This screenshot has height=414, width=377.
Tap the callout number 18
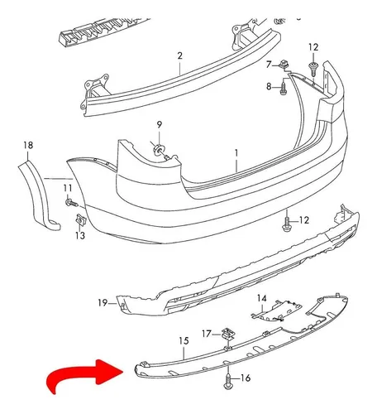click(x=28, y=145)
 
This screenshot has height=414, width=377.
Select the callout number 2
click(x=180, y=55)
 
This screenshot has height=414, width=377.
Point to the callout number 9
click(x=160, y=125)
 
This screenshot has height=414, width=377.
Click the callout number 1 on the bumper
click(x=236, y=152)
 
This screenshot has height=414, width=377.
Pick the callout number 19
click(x=103, y=303)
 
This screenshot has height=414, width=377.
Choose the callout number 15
click(x=184, y=341)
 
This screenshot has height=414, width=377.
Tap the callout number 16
click(x=246, y=378)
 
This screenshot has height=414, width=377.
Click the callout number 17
click(x=207, y=334)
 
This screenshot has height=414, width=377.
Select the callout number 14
click(x=262, y=298)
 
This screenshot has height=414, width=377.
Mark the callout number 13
click(x=80, y=235)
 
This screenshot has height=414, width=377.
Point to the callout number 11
click(x=68, y=188)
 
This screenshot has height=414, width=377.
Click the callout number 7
click(x=269, y=65)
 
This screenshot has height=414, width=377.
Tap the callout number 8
click(x=269, y=87)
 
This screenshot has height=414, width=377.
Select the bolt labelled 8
click(x=284, y=89)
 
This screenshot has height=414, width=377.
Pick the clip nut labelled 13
click(x=80, y=220)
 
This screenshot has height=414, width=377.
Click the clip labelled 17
click(x=228, y=334)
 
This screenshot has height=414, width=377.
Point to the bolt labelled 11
click(x=71, y=203)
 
